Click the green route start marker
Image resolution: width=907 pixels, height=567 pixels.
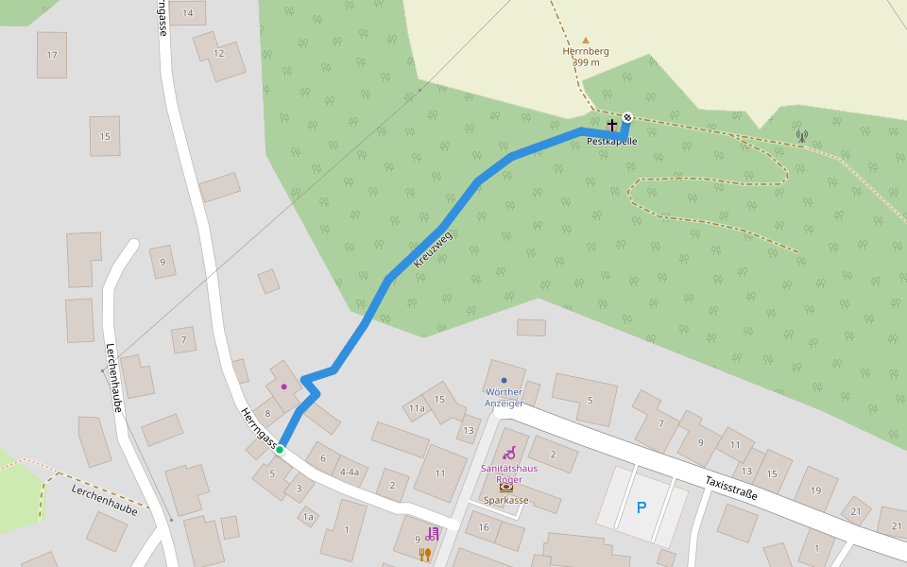click(x=280, y=450)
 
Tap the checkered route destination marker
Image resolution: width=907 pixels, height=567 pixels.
click(x=627, y=117)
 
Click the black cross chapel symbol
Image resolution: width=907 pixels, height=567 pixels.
click(x=612, y=125)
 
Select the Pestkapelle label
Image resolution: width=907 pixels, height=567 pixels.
click(x=612, y=142)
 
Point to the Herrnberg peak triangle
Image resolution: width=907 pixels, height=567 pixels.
click(x=586, y=41)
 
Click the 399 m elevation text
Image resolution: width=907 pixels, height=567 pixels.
click(x=586, y=62)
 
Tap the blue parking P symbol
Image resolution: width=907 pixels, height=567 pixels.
click(x=642, y=507)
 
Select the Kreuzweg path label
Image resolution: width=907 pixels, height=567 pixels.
click(x=434, y=249)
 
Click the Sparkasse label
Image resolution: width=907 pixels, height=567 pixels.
click(x=506, y=500)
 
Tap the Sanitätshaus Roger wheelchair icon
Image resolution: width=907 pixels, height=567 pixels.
click(x=509, y=453)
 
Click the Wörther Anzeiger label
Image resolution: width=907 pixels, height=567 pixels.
click(x=504, y=397)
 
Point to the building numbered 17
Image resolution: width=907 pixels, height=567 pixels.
click(x=52, y=55)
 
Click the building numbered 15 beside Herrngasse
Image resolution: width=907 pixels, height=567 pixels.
click(x=105, y=136)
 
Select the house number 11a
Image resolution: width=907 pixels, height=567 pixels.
click(x=417, y=408)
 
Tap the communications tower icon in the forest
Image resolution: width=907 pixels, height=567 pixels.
click(x=802, y=136)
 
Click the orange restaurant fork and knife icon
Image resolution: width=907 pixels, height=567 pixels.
click(x=424, y=555)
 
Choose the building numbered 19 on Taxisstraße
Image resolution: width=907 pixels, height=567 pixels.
click(x=816, y=490)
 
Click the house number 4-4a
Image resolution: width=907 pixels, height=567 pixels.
click(x=350, y=472)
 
